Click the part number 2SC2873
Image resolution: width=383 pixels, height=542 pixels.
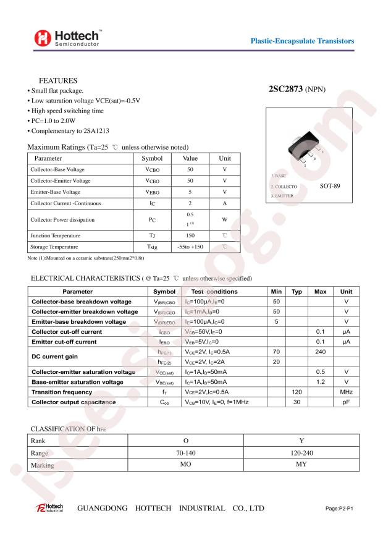pyautogui.click(x=285, y=89)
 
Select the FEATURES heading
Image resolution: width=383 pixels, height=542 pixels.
pyautogui.click(x=58, y=81)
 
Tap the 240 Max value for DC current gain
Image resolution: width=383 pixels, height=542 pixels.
pyautogui.click(x=320, y=352)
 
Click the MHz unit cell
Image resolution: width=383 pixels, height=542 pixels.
pyautogui.click(x=346, y=392)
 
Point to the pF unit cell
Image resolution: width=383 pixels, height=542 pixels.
pyautogui.click(x=346, y=402)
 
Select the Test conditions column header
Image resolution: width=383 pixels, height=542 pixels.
pyautogui.click(x=214, y=291)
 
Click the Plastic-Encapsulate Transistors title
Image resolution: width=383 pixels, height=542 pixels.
pyautogui.click(x=302, y=41)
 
